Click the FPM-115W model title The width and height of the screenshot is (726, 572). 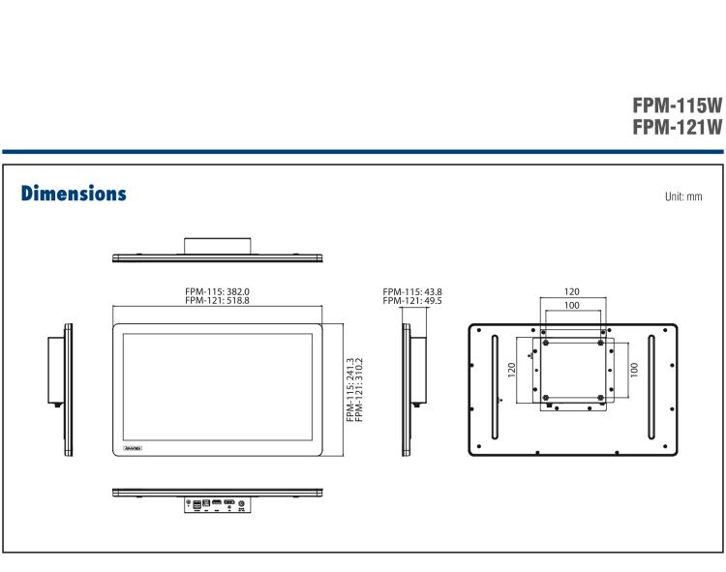click(677, 105)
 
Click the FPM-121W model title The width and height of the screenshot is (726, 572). click(677, 127)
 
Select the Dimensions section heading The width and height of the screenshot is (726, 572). click(74, 194)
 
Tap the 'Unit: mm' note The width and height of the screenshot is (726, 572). click(682, 196)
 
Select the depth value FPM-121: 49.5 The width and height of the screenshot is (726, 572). click(411, 301)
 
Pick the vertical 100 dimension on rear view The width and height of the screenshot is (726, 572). click(633, 370)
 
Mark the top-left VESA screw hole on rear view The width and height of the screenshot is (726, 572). click(546, 342)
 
